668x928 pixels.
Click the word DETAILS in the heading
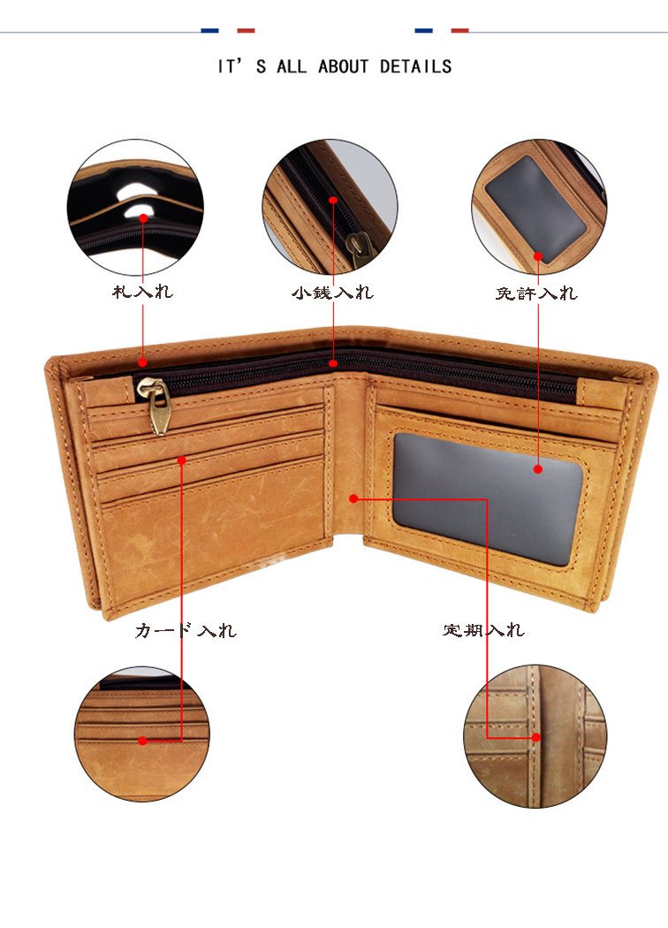415,66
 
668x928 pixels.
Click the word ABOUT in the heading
343,66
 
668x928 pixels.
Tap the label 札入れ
142,291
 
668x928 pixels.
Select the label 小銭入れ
332,293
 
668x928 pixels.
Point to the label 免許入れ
536,293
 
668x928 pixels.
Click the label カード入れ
186,630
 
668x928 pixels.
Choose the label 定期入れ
483,629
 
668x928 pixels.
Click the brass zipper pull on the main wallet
155,404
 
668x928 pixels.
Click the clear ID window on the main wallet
488,497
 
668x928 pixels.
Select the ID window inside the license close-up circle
535,210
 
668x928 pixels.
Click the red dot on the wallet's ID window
538,469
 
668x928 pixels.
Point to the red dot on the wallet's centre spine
353,499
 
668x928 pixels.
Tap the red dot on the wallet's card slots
182,460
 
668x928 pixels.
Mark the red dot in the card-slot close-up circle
142,741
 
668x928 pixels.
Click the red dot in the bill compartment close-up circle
143,218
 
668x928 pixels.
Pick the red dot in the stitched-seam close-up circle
536,737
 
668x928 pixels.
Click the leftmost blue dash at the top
210,30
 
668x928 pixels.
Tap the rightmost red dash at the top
459,30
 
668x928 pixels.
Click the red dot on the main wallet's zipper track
333,362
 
